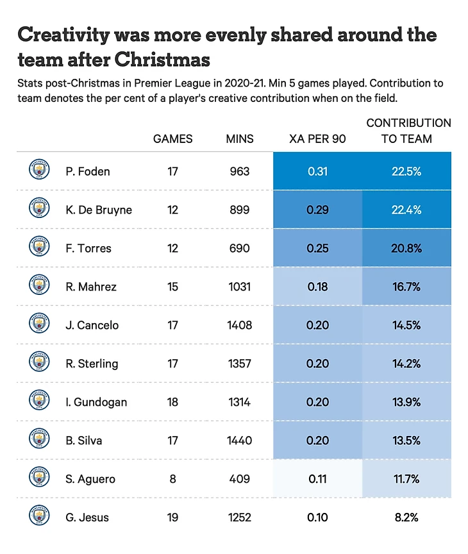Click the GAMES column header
click(172, 138)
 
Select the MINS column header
click(240, 138)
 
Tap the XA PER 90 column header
click(317, 138)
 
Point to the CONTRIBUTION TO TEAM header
click(408, 130)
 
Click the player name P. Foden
click(88, 171)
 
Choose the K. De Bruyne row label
click(99, 210)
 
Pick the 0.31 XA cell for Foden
click(317, 171)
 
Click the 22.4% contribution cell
click(406, 210)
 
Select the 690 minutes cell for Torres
click(240, 248)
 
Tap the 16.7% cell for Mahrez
click(406, 287)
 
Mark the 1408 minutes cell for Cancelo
click(240, 325)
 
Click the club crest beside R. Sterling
click(39, 363)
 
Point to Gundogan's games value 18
click(172, 402)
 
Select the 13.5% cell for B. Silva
click(406, 441)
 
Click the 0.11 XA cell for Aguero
click(317, 479)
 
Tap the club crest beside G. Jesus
click(39, 517)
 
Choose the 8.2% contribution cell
click(406, 517)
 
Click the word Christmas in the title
click(163, 60)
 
